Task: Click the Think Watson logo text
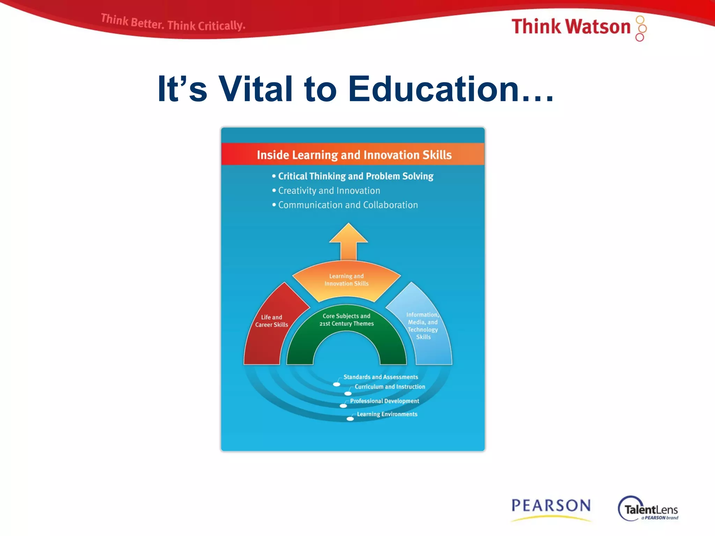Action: (570, 27)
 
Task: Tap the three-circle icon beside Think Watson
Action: (641, 28)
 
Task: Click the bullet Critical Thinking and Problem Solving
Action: (355, 176)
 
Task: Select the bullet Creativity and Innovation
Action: (329, 191)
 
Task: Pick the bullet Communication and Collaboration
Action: (348, 205)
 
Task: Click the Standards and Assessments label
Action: (381, 377)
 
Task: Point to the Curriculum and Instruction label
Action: (390, 387)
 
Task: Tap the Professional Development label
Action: (384, 401)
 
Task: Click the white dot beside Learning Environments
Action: (350, 419)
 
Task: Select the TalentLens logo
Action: (649, 509)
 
